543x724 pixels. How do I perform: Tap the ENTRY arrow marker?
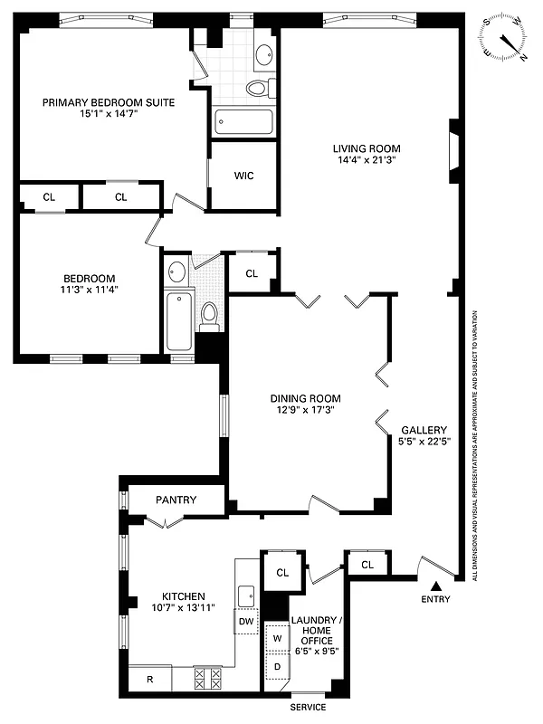coord(434,586)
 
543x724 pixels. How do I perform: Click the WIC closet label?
coord(243,176)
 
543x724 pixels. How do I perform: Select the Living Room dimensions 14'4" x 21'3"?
coord(366,160)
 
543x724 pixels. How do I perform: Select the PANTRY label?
coord(176,500)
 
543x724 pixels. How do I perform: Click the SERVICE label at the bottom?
coord(308,707)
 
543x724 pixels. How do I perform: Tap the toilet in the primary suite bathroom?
coord(258,88)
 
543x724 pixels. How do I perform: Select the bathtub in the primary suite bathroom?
coord(242,121)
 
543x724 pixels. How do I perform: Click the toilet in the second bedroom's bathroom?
coord(209,314)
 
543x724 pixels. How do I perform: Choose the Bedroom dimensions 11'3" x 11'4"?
coord(89,290)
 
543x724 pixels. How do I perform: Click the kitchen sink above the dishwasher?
coord(245,595)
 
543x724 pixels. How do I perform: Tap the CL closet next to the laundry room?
coord(281,572)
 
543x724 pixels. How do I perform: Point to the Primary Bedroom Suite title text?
coord(108,102)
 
